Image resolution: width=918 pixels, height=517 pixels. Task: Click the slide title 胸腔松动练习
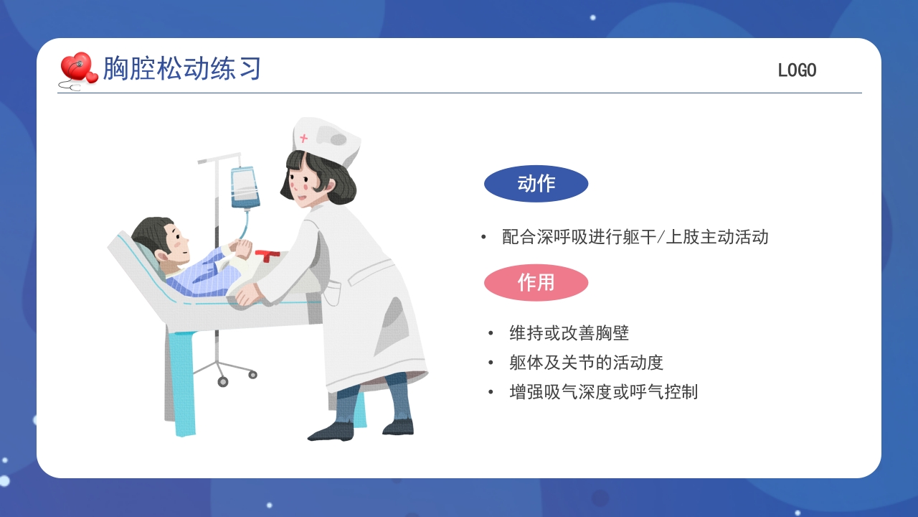(181, 69)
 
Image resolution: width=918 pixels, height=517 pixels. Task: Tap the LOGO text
(797, 70)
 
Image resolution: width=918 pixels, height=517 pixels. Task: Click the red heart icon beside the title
(77, 68)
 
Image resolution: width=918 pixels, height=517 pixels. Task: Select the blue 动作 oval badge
(536, 184)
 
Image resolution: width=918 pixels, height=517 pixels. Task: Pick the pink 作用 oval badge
(536, 282)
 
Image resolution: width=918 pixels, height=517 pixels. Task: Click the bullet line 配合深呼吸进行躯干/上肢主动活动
(635, 237)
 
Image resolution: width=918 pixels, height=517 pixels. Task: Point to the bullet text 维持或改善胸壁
(569, 333)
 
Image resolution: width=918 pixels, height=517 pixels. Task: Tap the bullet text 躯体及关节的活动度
(586, 363)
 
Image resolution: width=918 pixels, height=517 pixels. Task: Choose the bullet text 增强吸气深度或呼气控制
(603, 392)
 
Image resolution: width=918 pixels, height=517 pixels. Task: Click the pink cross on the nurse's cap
(304, 138)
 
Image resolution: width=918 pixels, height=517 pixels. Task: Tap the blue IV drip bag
(245, 187)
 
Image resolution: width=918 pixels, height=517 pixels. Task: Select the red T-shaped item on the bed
(268, 255)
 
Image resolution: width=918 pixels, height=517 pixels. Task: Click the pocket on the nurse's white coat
(331, 292)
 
